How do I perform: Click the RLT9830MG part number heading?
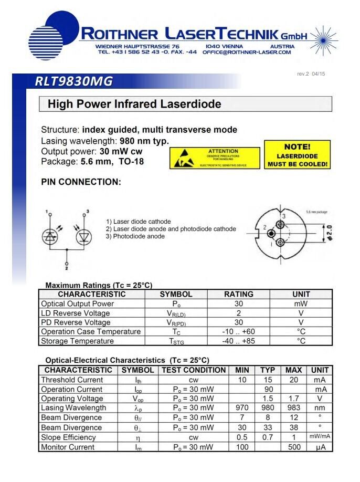74,81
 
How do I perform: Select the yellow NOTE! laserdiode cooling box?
297,155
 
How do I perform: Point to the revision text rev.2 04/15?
311,74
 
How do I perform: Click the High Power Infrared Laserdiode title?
134,104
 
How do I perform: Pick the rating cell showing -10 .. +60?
239,332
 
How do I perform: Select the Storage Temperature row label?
78,341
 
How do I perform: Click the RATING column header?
239,295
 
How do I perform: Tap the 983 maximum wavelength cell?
293,408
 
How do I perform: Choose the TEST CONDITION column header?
193,370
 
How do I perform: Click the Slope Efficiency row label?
69,437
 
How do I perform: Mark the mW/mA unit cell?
320,437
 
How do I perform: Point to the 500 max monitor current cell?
293,447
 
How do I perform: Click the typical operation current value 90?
268,390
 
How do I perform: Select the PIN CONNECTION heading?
81,182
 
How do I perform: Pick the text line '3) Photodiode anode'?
135,236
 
